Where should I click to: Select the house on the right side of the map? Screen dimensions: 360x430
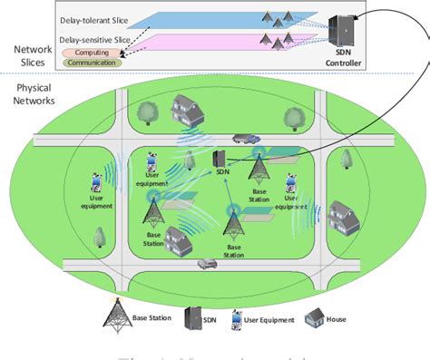pos(343,216)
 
